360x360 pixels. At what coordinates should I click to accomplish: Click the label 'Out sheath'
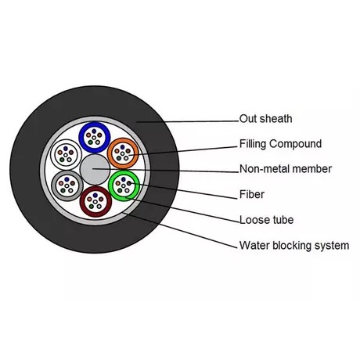[265, 119]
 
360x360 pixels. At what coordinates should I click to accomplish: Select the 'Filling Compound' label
[280, 144]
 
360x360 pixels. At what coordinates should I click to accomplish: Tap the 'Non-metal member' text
[286, 169]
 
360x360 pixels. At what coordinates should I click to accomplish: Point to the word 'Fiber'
[252, 194]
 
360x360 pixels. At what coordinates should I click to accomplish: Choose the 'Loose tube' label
[266, 220]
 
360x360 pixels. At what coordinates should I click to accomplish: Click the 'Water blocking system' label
[294, 246]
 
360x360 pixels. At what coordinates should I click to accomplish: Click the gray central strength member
[95, 170]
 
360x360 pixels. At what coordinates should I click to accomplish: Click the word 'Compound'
[296, 144]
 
